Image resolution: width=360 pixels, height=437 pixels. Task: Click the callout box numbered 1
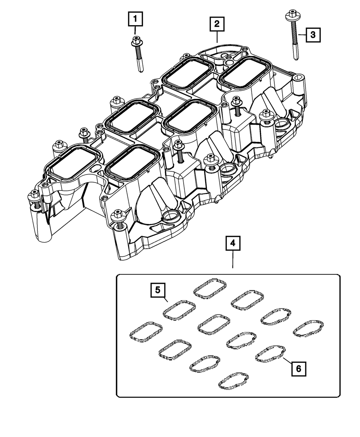pos(135,18)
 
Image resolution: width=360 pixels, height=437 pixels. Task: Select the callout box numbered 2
pos(217,24)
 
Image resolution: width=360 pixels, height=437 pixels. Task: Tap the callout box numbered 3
pos(312,35)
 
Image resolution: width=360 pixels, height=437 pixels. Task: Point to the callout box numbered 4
pos(233,243)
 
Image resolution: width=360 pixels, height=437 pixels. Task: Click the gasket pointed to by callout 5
pos(180,309)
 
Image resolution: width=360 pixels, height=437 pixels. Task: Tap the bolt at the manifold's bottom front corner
pos(117,216)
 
